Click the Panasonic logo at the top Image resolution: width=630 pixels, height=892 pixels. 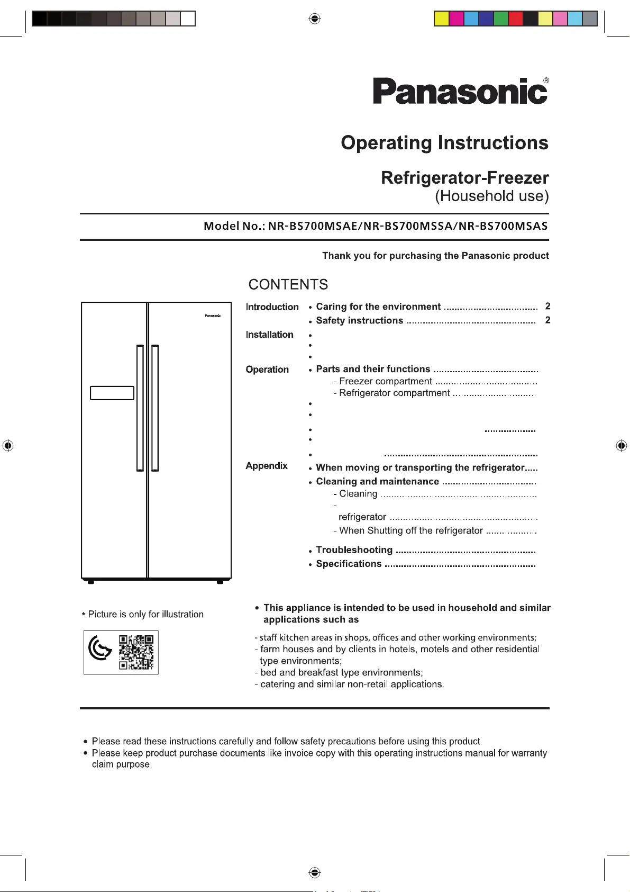[460, 91]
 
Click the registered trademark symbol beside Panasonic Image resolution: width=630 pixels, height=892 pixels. [546, 81]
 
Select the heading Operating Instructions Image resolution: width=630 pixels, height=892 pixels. [444, 143]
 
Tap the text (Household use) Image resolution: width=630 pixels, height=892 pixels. [491, 196]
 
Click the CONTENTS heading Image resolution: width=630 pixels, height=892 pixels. [288, 285]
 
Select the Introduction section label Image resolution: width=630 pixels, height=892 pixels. [272, 307]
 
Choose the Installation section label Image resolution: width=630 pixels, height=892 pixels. [269, 335]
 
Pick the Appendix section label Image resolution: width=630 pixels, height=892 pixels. [267, 466]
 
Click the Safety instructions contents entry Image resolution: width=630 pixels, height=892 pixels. [359, 321]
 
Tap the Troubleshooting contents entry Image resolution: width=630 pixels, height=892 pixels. [354, 550]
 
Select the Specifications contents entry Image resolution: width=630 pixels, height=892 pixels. [349, 564]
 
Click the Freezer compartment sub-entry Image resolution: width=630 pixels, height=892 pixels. [385, 382]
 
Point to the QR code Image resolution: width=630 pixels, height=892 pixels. [136, 652]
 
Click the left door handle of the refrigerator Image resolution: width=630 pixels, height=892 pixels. [140, 408]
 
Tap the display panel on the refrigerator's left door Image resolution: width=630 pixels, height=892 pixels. [112, 393]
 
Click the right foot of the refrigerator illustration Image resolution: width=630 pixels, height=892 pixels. [220, 582]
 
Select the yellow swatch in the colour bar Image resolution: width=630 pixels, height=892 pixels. [441, 19]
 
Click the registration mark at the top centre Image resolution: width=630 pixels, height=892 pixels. [315, 19]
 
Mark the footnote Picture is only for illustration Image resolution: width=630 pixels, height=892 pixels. [143, 614]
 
